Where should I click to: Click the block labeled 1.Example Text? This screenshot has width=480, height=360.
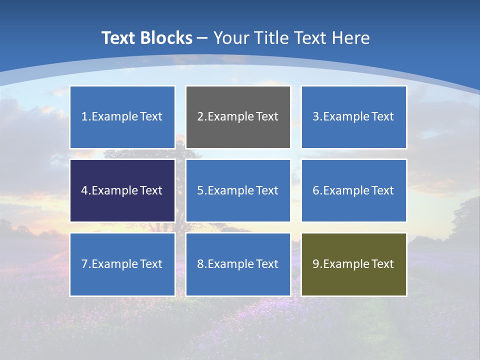(122, 117)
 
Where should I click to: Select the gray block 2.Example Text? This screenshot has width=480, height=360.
(238, 117)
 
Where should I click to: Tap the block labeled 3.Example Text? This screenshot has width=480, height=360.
(353, 117)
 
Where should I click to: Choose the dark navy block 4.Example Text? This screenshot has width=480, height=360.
(122, 190)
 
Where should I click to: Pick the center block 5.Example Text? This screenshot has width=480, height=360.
(238, 190)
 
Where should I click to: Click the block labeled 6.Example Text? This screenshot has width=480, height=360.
(353, 190)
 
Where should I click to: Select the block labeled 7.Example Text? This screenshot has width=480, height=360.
(122, 264)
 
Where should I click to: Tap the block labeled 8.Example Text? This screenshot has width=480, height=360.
(238, 264)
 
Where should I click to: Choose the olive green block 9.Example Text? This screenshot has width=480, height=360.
(353, 264)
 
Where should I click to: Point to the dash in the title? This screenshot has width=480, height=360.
(202, 38)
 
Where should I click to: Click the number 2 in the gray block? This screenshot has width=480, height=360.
(200, 117)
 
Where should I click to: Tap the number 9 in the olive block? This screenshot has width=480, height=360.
(316, 264)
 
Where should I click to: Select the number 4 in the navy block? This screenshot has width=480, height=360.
(84, 190)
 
